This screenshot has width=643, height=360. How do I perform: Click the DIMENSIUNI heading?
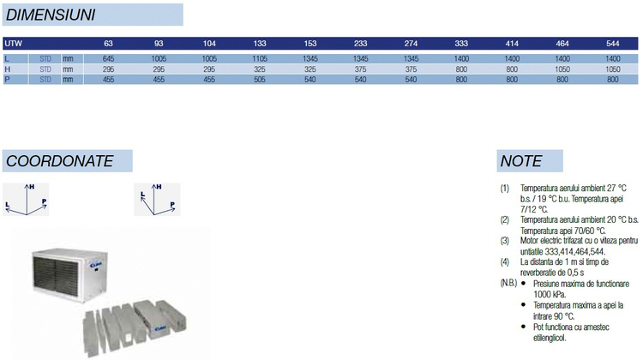(51, 15)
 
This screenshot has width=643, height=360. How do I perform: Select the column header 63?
(108, 44)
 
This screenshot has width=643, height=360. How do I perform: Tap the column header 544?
(613, 44)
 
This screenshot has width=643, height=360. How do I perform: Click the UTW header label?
(13, 44)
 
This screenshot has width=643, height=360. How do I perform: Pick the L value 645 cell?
(108, 58)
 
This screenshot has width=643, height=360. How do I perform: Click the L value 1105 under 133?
(260, 58)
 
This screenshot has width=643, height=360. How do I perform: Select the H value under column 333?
(461, 69)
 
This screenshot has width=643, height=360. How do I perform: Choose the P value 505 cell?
(260, 80)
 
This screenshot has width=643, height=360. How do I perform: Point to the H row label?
(8, 69)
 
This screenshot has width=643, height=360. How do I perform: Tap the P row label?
(7, 80)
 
